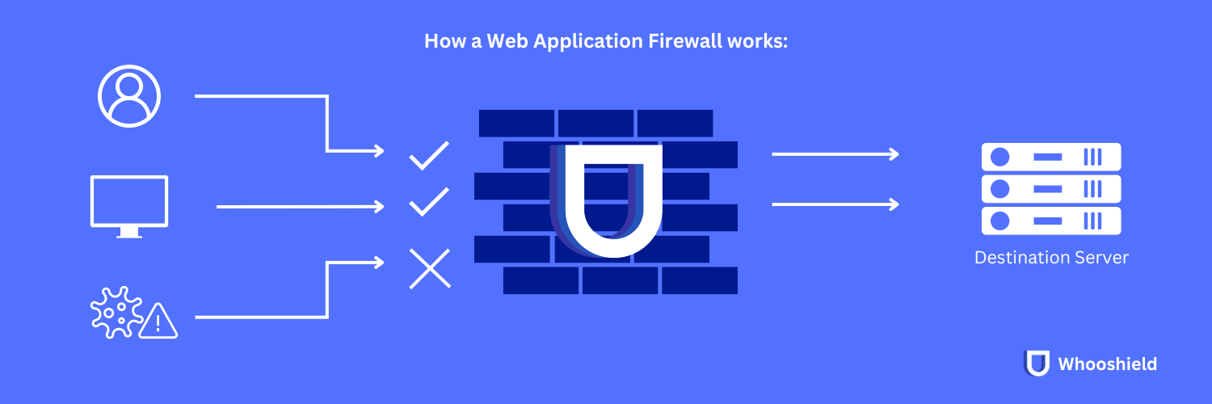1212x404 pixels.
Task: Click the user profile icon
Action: [129, 96]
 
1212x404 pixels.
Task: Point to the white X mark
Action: [430, 268]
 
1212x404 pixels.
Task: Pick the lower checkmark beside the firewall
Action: [429, 202]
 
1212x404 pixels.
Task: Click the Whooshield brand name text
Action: [1107, 364]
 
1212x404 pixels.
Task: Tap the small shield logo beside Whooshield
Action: [1037, 364]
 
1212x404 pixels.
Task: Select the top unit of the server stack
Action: [1050, 156]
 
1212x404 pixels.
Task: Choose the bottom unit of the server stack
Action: [1050, 221]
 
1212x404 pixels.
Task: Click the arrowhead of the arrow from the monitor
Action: [379, 207]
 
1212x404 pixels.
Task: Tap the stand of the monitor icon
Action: [129, 233]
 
